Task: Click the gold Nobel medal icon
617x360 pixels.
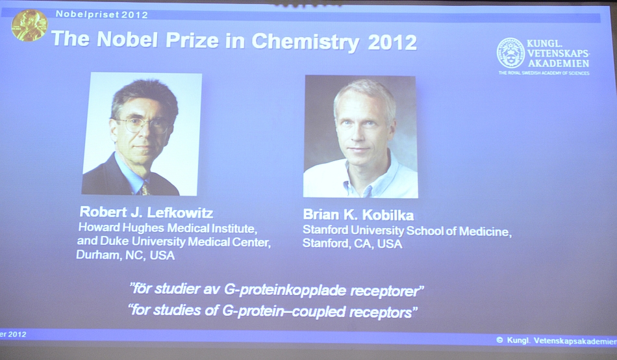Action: [x=29, y=26]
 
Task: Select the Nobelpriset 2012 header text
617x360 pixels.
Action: [x=101, y=14]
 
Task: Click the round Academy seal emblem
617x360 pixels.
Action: [x=510, y=53]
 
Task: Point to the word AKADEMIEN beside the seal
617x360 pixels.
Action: [x=558, y=63]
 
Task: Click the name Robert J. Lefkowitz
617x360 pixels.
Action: [x=146, y=212]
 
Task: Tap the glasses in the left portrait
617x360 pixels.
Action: [x=143, y=123]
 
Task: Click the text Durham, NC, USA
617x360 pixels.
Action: [x=125, y=255]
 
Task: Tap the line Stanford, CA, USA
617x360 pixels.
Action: [x=352, y=244]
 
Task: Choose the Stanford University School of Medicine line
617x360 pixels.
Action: [x=407, y=231]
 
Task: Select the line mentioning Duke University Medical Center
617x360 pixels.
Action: [x=173, y=242]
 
